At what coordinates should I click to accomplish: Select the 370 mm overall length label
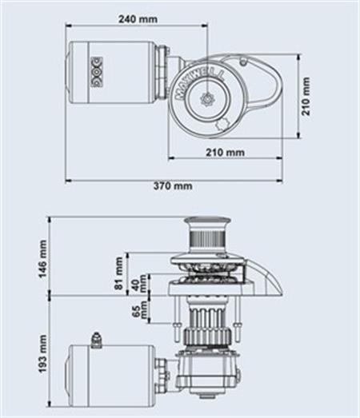(173, 185)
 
